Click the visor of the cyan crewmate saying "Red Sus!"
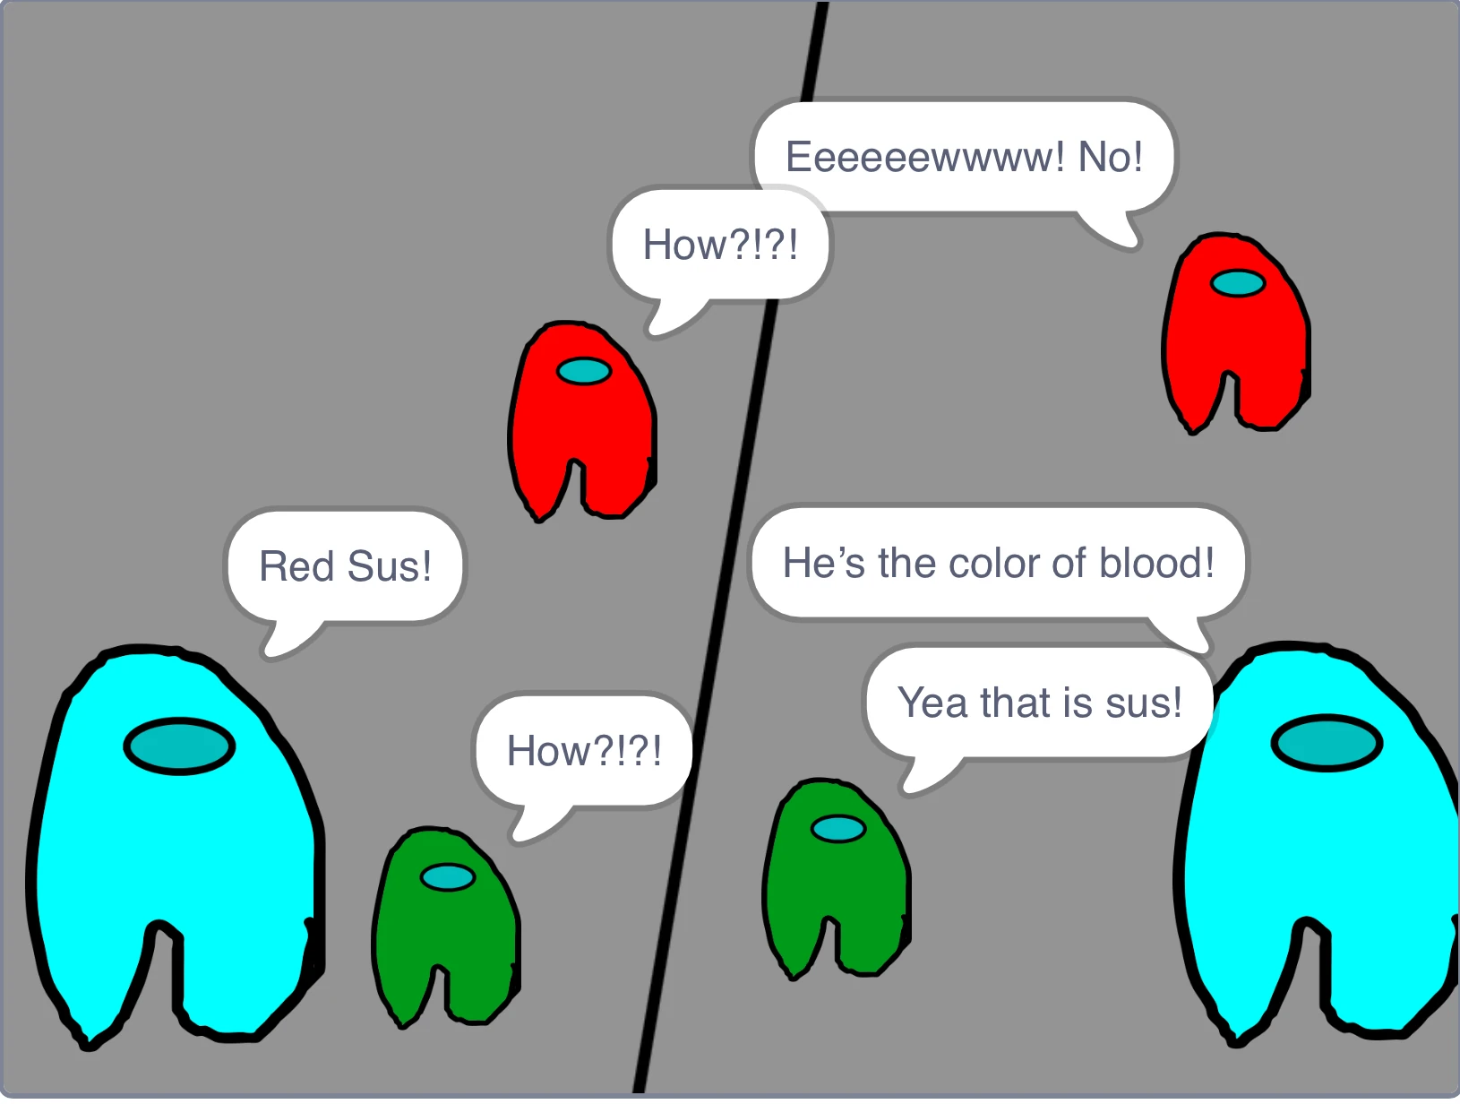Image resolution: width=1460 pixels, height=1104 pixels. pyautogui.click(x=179, y=746)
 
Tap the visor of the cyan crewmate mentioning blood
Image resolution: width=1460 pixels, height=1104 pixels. pyautogui.click(x=1327, y=743)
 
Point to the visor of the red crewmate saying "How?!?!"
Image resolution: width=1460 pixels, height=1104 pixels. pyautogui.click(x=584, y=371)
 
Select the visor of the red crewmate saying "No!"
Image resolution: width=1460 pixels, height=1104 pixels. pyautogui.click(x=1238, y=283)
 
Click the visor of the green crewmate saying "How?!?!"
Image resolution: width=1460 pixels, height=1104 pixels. pyautogui.click(x=448, y=877)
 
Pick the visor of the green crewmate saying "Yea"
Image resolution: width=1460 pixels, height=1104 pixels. pyautogui.click(x=838, y=829)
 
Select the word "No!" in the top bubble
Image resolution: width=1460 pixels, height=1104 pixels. pyautogui.click(x=1110, y=157)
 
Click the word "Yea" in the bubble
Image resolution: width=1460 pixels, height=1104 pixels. pyautogui.click(x=932, y=703)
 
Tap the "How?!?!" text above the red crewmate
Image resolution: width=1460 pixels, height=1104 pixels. pyautogui.click(x=719, y=245)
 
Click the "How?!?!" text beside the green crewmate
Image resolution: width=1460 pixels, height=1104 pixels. pyautogui.click(x=584, y=751)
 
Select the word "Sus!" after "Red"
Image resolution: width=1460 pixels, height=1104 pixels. pyautogui.click(x=389, y=566)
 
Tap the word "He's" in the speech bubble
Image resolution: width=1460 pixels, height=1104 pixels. pyautogui.click(x=823, y=563)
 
